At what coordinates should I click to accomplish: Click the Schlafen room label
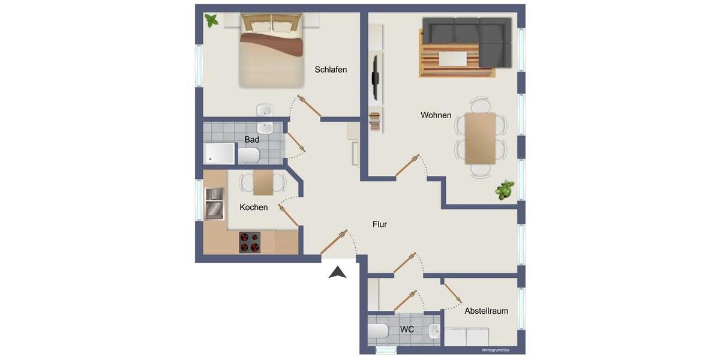pyautogui.click(x=331, y=70)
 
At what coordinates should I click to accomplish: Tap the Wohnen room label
pyautogui.click(x=436, y=115)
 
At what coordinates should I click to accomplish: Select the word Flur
pyautogui.click(x=379, y=224)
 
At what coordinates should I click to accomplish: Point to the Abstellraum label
pyautogui.click(x=486, y=311)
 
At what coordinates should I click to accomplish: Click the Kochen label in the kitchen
pyautogui.click(x=253, y=207)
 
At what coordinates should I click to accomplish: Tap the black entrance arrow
pyautogui.click(x=338, y=272)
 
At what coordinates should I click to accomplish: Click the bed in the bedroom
pyautogui.click(x=272, y=53)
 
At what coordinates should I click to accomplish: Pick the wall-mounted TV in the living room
pyautogui.click(x=376, y=77)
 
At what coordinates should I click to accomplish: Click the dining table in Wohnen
pyautogui.click(x=481, y=138)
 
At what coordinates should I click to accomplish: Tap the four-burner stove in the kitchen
pyautogui.click(x=250, y=242)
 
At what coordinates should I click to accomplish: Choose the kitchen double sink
pyautogui.click(x=214, y=203)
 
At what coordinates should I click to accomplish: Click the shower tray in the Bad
pyautogui.click(x=220, y=153)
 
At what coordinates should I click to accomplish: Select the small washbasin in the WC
pyautogui.click(x=434, y=330)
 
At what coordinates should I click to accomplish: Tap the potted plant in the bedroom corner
pyautogui.click(x=211, y=20)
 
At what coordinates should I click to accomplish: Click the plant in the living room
pyautogui.click(x=504, y=190)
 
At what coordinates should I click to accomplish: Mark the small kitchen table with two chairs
pyautogui.click(x=263, y=183)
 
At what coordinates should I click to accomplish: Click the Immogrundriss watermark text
pyautogui.click(x=495, y=350)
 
